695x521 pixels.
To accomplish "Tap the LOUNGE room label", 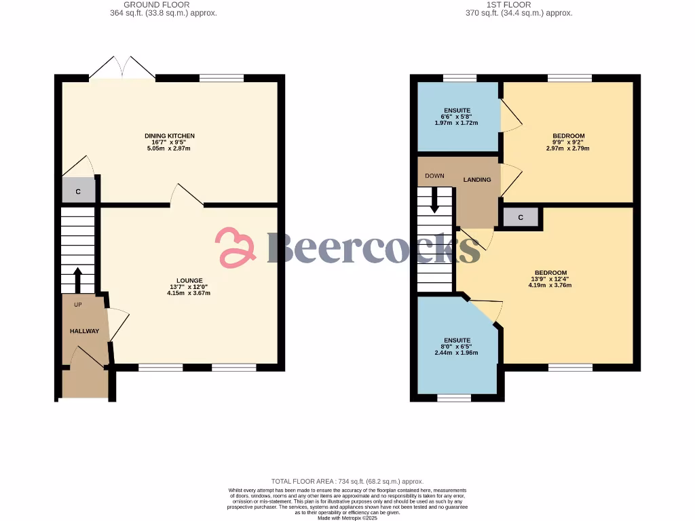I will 189,280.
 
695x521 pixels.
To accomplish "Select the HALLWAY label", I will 84,331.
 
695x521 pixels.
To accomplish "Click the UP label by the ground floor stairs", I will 78,305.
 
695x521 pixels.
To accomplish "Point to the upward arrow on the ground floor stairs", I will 77,279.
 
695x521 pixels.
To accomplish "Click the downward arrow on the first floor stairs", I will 434,200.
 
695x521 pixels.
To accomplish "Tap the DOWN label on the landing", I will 434,176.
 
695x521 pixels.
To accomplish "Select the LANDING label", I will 477,180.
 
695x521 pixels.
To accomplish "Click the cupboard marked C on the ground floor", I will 78,192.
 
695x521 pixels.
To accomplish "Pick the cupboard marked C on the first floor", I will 521,218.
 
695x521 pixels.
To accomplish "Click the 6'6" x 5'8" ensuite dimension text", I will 458,117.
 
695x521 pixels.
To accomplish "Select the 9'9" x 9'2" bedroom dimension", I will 568,142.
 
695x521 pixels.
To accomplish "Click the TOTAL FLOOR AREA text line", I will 347,481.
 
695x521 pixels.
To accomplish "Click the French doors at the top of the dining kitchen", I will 122,69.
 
